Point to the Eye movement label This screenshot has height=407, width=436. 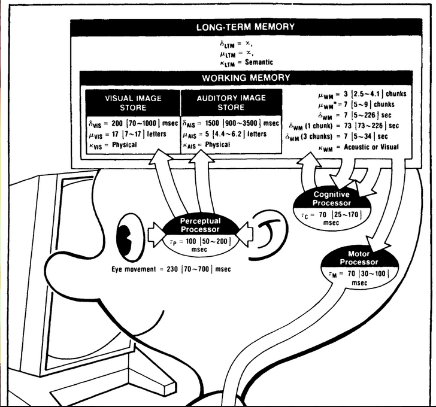pyautogui.click(x=135, y=269)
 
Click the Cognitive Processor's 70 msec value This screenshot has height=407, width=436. pyautogui.click(x=331, y=214)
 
